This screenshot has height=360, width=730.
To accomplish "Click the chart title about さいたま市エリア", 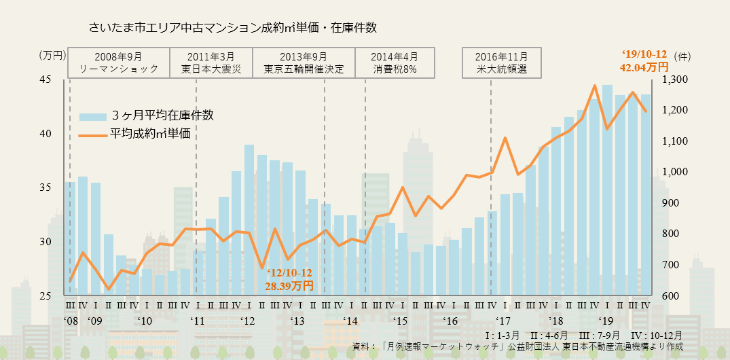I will click(232, 28).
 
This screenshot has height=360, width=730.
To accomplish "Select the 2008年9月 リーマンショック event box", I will click(119, 62).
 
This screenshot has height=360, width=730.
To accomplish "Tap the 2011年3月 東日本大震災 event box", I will click(211, 62).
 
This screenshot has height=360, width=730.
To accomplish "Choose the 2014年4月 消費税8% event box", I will click(395, 62).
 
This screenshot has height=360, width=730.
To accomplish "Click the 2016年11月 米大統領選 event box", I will click(501, 62).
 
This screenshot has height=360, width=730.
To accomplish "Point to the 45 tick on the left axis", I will click(45, 79).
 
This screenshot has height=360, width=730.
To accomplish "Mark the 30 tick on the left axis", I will click(45, 242).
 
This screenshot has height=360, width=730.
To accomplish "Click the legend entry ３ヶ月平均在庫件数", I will click(146, 115).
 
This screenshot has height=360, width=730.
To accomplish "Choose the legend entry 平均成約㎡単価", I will click(139, 134).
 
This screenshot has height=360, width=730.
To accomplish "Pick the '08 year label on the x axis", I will click(72, 321).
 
